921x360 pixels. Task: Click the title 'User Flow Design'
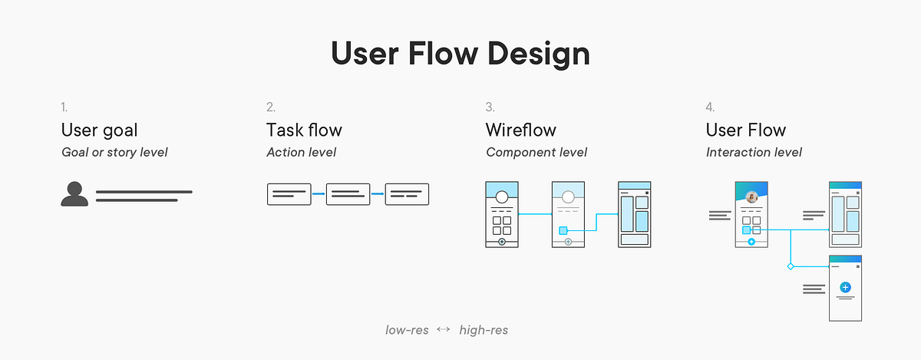click(x=460, y=54)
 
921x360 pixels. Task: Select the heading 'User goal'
click(x=100, y=130)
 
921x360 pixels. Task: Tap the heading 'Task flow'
click(x=304, y=130)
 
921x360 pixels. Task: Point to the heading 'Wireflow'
click(x=521, y=130)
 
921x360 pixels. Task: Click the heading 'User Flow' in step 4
click(x=746, y=130)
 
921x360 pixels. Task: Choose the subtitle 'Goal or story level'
click(x=114, y=152)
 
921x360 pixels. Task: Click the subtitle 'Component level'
click(x=536, y=152)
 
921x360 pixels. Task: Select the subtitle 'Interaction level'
click(x=754, y=152)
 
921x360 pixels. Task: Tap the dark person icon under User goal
click(x=74, y=195)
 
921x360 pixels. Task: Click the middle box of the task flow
click(x=348, y=194)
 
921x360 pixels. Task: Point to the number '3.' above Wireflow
click(x=490, y=107)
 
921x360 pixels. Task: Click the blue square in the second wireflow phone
click(x=563, y=230)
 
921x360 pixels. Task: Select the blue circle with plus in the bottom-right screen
click(x=845, y=287)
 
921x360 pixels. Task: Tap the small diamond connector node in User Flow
click(x=790, y=266)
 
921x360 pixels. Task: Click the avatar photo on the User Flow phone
click(x=752, y=196)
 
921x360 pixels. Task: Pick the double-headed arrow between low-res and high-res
click(x=443, y=330)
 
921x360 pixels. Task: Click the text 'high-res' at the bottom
click(x=484, y=330)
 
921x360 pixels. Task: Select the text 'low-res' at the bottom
click(x=407, y=330)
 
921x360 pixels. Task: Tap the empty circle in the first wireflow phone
click(x=502, y=197)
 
